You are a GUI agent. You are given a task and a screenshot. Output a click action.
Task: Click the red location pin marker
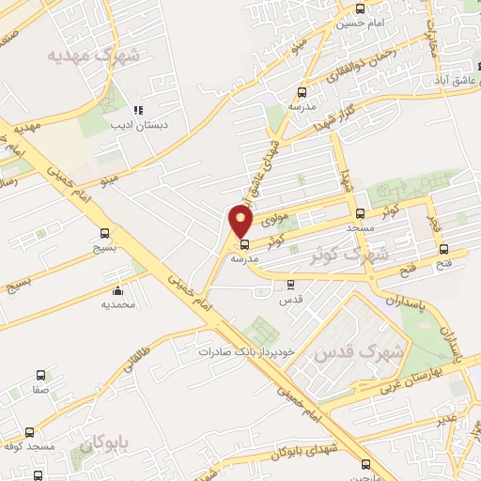(x=241, y=223)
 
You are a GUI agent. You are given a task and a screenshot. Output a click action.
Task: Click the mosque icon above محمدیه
(x=117, y=289)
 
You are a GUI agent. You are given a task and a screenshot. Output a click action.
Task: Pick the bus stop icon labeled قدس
(x=290, y=285)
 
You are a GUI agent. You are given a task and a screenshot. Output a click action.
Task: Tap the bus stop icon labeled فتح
(x=443, y=249)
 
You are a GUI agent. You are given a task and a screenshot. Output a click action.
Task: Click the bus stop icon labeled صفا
(x=40, y=374)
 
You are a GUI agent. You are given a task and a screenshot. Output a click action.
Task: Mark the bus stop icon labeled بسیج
(x=103, y=234)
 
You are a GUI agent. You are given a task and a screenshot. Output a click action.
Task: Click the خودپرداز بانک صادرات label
(x=246, y=351)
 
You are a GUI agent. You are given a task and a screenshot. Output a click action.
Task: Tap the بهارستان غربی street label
(x=411, y=381)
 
